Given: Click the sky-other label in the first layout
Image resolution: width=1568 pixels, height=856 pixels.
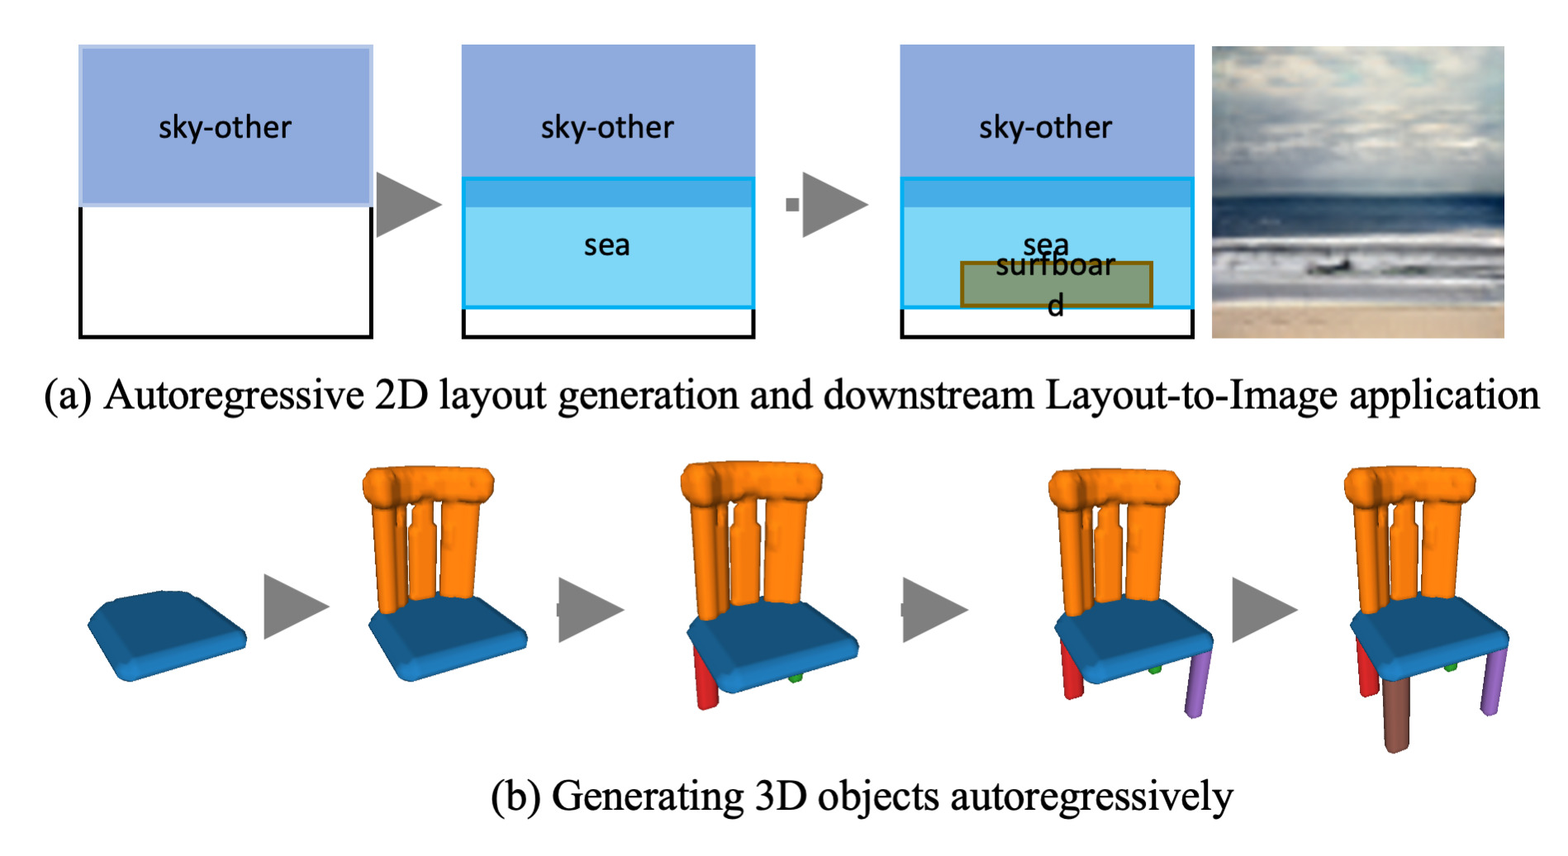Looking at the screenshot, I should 225,127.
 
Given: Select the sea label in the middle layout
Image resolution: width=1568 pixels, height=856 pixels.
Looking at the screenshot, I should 607,245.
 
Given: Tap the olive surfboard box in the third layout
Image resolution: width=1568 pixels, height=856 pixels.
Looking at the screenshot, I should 1056,285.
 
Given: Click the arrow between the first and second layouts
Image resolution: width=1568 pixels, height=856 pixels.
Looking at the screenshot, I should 407,204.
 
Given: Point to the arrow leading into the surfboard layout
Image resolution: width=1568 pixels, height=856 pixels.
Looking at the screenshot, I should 833,204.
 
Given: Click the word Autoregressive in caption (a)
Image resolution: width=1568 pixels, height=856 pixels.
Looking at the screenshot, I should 233,395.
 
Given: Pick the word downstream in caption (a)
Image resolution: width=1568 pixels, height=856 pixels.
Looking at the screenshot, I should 928,395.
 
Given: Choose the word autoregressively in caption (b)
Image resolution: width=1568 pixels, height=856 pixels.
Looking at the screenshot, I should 1090,797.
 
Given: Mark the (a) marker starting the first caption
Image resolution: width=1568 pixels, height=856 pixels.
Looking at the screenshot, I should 68,395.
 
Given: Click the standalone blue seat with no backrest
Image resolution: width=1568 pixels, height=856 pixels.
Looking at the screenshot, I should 165,634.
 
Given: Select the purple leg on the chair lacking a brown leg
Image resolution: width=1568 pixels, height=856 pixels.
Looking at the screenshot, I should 1198,682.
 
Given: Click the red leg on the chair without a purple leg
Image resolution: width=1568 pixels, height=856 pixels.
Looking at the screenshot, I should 705,679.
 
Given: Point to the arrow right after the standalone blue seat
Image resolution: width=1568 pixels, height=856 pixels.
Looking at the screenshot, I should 294,607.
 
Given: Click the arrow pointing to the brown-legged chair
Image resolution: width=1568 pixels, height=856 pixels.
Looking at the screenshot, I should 1262,610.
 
